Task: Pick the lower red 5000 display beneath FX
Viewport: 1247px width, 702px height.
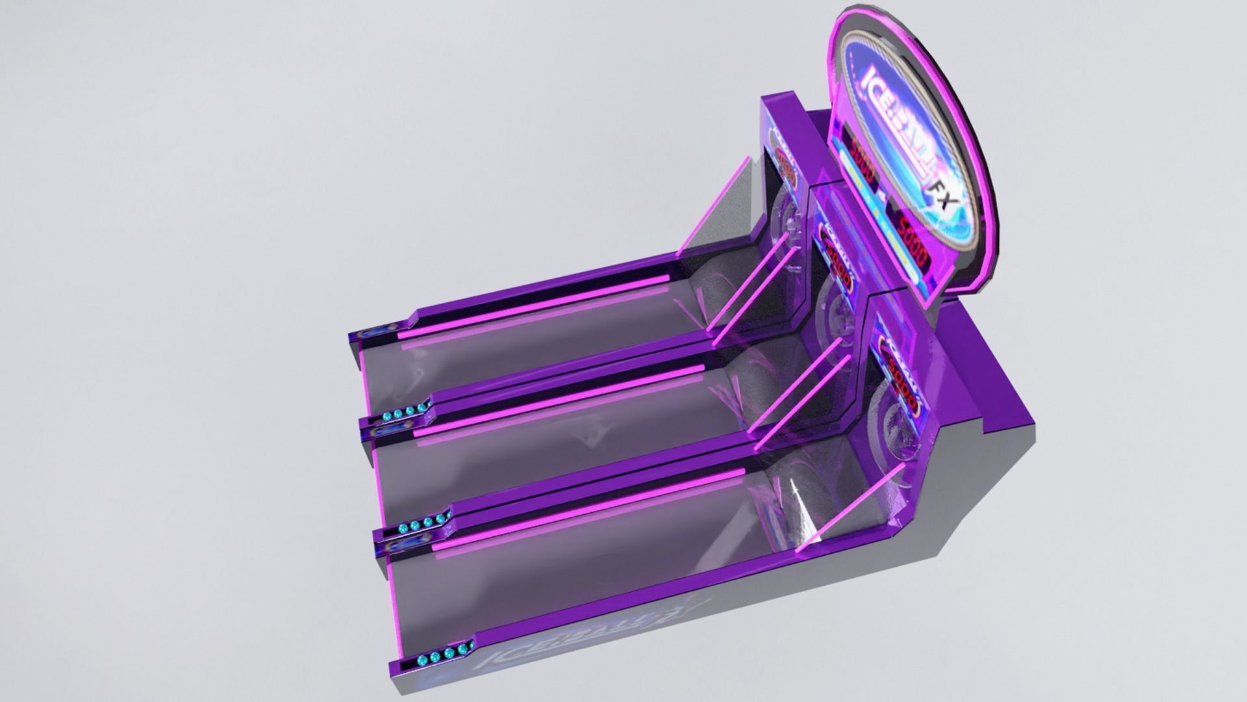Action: (914, 240)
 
